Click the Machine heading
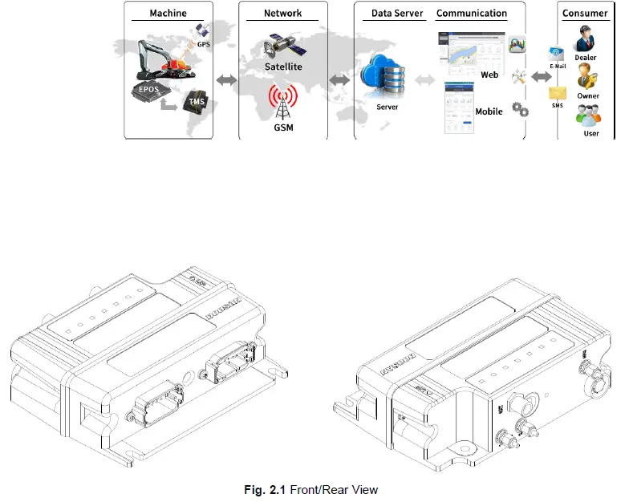pos(168,14)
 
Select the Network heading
pos(283,14)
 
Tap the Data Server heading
pos(397,14)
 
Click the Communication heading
pos(472,14)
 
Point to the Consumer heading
pos(585,14)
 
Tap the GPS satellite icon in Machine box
pos(203,33)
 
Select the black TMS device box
pos(196,103)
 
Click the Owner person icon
pos(587,78)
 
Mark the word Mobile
pos(489,111)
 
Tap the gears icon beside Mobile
pos(520,108)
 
